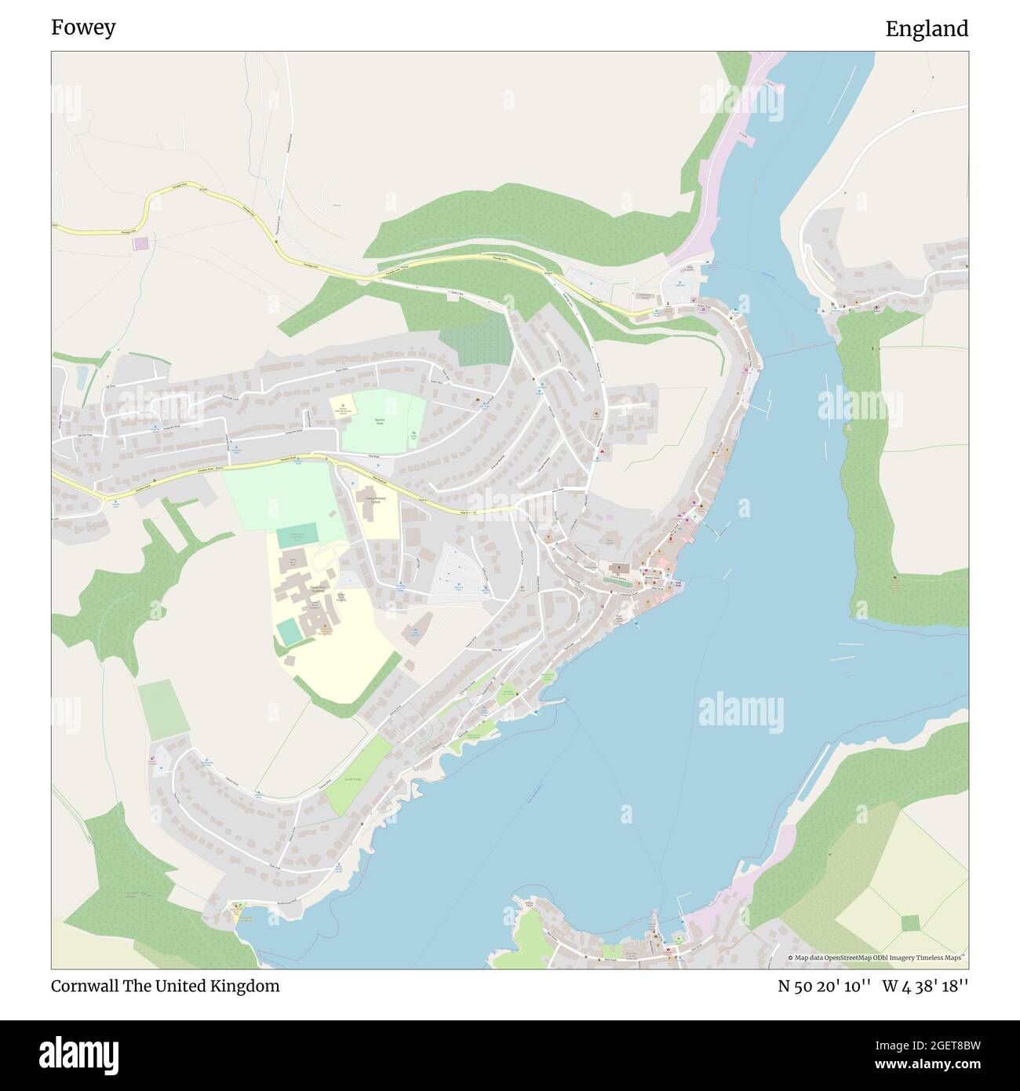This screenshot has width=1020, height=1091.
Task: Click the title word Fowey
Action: [x=83, y=27]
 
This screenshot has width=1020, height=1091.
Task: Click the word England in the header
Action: [x=927, y=29]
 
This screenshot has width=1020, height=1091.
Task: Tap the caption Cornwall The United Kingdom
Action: [x=165, y=986]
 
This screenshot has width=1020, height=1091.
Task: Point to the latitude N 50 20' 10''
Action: [x=824, y=986]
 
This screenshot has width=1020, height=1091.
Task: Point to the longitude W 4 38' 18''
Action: [x=925, y=986]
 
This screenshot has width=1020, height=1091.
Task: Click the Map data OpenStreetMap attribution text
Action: [x=877, y=958]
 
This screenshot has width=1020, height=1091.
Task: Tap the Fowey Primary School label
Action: [x=375, y=500]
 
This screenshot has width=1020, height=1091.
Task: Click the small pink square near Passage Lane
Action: [x=140, y=243]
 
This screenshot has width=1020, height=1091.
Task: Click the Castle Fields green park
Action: [x=357, y=777]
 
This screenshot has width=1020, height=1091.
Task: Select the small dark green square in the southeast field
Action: [x=910, y=922]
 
